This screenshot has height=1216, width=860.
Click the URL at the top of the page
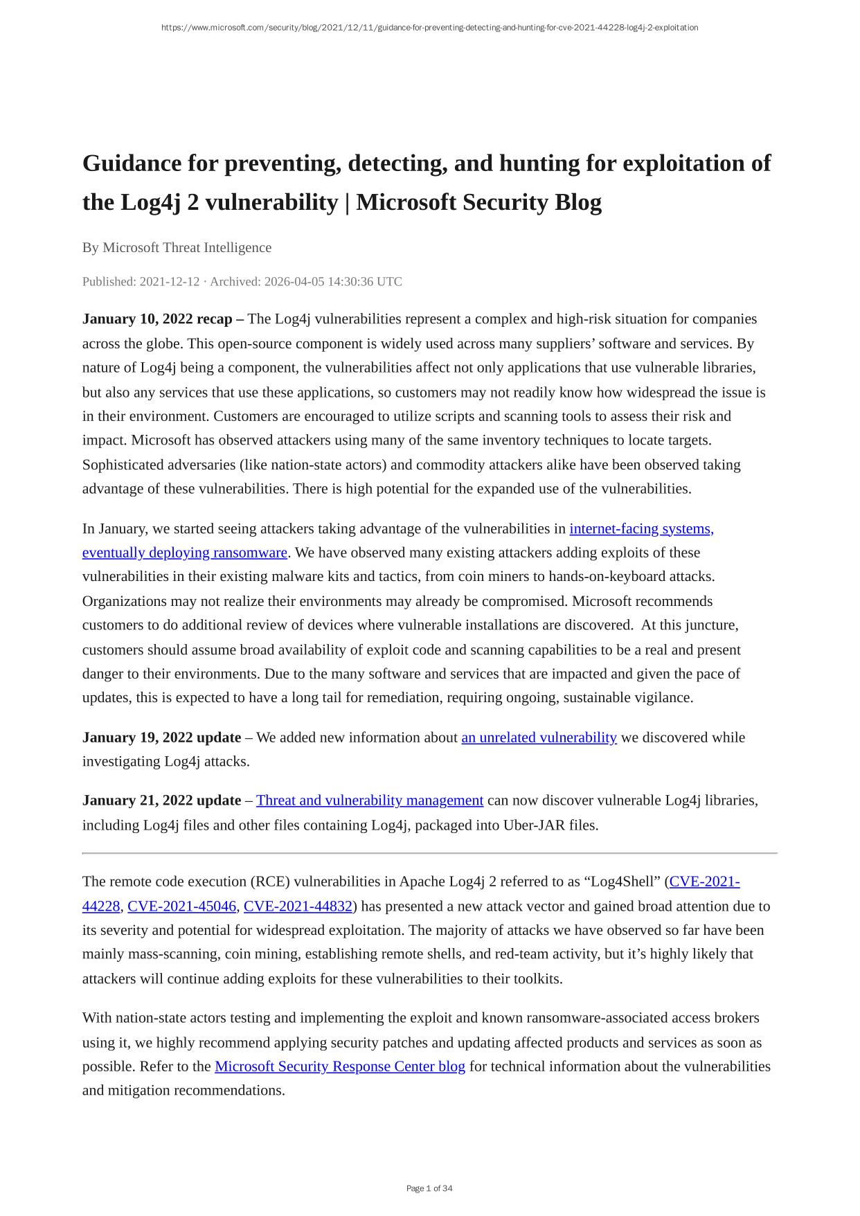[x=429, y=28]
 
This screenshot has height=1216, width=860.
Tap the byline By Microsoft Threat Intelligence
[x=177, y=247]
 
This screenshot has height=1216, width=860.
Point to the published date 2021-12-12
[x=170, y=281]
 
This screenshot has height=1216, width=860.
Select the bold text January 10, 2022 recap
[x=158, y=319]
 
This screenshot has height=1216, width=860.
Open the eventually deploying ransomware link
[x=184, y=553]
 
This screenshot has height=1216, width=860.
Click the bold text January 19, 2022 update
[x=161, y=737]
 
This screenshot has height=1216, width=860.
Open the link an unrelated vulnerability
[x=539, y=737]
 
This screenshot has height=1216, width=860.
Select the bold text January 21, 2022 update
[x=161, y=801]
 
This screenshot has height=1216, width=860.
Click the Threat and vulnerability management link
[x=370, y=801]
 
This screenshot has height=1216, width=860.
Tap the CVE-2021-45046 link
[x=182, y=906]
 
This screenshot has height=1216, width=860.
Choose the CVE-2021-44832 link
[x=298, y=906]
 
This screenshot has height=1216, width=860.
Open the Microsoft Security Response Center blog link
[x=340, y=1066]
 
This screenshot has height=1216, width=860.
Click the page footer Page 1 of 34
[x=429, y=1188]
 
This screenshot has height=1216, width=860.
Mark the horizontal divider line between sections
[x=429, y=853]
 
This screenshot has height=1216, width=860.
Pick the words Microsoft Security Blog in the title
[x=478, y=202]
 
